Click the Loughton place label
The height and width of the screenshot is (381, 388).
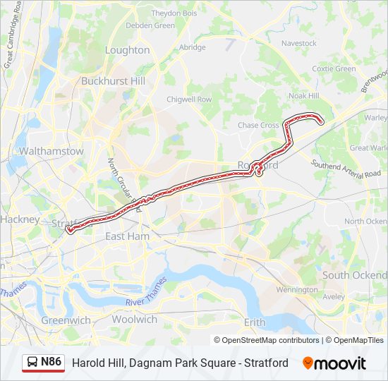click(127, 50)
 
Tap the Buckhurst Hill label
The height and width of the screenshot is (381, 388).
click(113, 81)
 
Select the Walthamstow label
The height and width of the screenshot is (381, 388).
click(52, 151)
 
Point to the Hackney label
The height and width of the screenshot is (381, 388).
click(20, 219)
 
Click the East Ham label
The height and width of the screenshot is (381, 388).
click(127, 236)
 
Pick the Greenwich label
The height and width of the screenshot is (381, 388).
click(66, 320)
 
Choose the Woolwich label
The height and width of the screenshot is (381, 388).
click(134, 320)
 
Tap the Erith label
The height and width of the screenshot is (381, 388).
click(255, 322)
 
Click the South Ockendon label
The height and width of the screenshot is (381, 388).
click(355, 274)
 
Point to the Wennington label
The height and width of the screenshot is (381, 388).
click(297, 290)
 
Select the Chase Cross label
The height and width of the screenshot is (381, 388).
click(258, 126)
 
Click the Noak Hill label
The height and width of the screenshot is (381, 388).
click(304, 95)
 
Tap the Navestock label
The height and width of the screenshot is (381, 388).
click(299, 43)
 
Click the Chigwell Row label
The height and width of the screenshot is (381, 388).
click(189, 100)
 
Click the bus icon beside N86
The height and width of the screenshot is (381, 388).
click(32, 363)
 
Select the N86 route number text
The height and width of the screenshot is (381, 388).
click(51, 362)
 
